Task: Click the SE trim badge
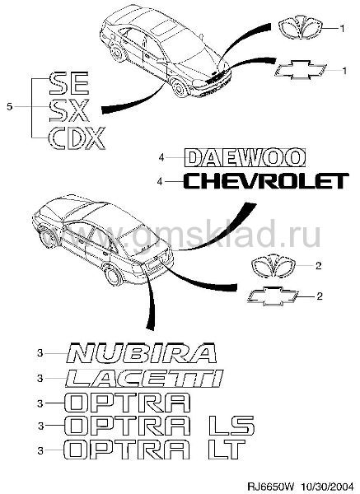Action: click(x=69, y=83)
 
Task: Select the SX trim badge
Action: click(x=69, y=110)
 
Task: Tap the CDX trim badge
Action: click(x=77, y=137)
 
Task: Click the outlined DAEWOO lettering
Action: click(x=245, y=157)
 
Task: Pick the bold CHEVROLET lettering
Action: click(x=266, y=181)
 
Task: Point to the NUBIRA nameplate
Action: click(x=142, y=352)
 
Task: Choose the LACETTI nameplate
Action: click(x=144, y=378)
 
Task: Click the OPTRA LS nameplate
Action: click(x=159, y=426)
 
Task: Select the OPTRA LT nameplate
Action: click(x=155, y=450)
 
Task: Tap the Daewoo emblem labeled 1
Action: click(x=301, y=28)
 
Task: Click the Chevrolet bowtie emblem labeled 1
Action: click(x=301, y=70)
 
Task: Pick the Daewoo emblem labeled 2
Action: click(x=274, y=266)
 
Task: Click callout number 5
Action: click(x=10, y=107)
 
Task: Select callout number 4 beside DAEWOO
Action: click(x=161, y=157)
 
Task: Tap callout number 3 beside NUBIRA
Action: click(x=40, y=353)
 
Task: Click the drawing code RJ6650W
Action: click(x=270, y=487)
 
